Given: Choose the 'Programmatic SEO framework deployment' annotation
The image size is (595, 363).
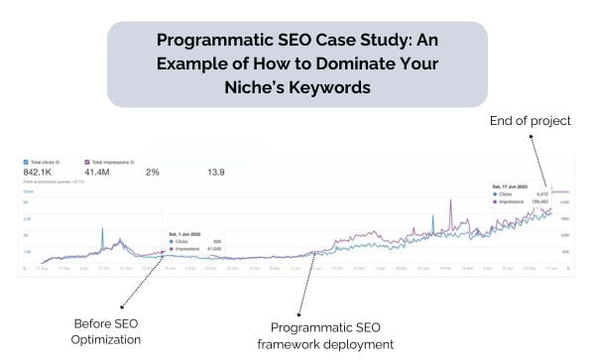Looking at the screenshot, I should coord(332,335).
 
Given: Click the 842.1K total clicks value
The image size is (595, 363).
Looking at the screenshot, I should coord(43,173).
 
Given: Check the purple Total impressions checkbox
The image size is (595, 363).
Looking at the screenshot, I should coord(87,161).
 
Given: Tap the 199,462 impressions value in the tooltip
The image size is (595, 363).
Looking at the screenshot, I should coord(538,201).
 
